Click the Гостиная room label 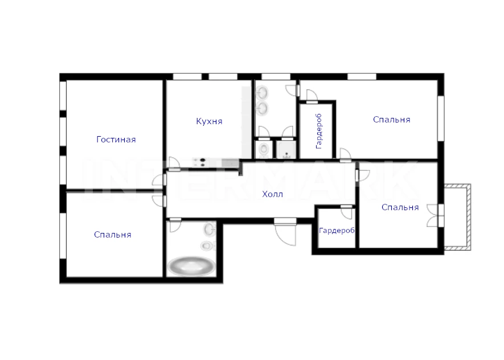pyautogui.click(x=116, y=140)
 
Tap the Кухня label pyautogui.click(x=209, y=121)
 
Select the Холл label pyautogui.click(x=273, y=194)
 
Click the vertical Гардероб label pyautogui.click(x=318, y=131)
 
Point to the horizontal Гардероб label pyautogui.click(x=337, y=231)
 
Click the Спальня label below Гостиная pyautogui.click(x=113, y=235)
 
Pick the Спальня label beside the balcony pyautogui.click(x=400, y=207)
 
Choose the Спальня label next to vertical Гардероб pyautogui.click(x=391, y=120)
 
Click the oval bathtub pyautogui.click(x=191, y=266)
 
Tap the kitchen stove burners pyautogui.click(x=199, y=162)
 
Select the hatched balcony pyautogui.click(x=458, y=217)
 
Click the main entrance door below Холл pyautogui.click(x=285, y=232)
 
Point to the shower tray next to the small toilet pyautogui.click(x=286, y=149)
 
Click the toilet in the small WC pyautogui.click(x=264, y=149)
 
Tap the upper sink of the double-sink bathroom pyautogui.click(x=263, y=93)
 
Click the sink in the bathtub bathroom pyautogui.click(x=210, y=229)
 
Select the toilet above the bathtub pyautogui.click(x=207, y=246)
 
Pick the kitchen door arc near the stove pyautogui.click(x=174, y=163)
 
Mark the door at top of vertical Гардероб pyautogui.click(x=312, y=96)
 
